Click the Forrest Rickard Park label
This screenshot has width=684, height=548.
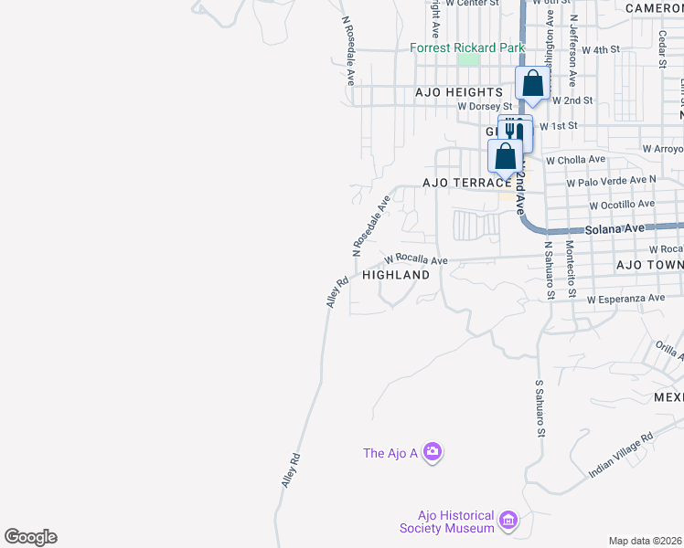(x=466, y=47)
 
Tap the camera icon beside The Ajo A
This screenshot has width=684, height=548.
(x=433, y=452)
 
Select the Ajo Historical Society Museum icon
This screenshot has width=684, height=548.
(x=509, y=522)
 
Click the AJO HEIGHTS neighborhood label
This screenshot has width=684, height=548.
(x=459, y=92)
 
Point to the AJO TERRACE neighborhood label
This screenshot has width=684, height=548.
(x=466, y=183)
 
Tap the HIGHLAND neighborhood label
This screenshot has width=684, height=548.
(x=396, y=274)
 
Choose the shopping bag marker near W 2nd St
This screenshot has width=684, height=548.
(x=532, y=85)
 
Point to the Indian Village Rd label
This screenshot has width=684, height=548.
(x=621, y=455)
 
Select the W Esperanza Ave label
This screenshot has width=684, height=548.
(x=625, y=299)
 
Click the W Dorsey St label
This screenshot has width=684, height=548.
(x=485, y=107)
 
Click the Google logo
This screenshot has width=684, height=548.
(x=30, y=537)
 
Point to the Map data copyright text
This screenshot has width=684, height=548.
(x=646, y=541)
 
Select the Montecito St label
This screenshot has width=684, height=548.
(x=569, y=269)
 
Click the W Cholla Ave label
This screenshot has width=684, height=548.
(x=575, y=159)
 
